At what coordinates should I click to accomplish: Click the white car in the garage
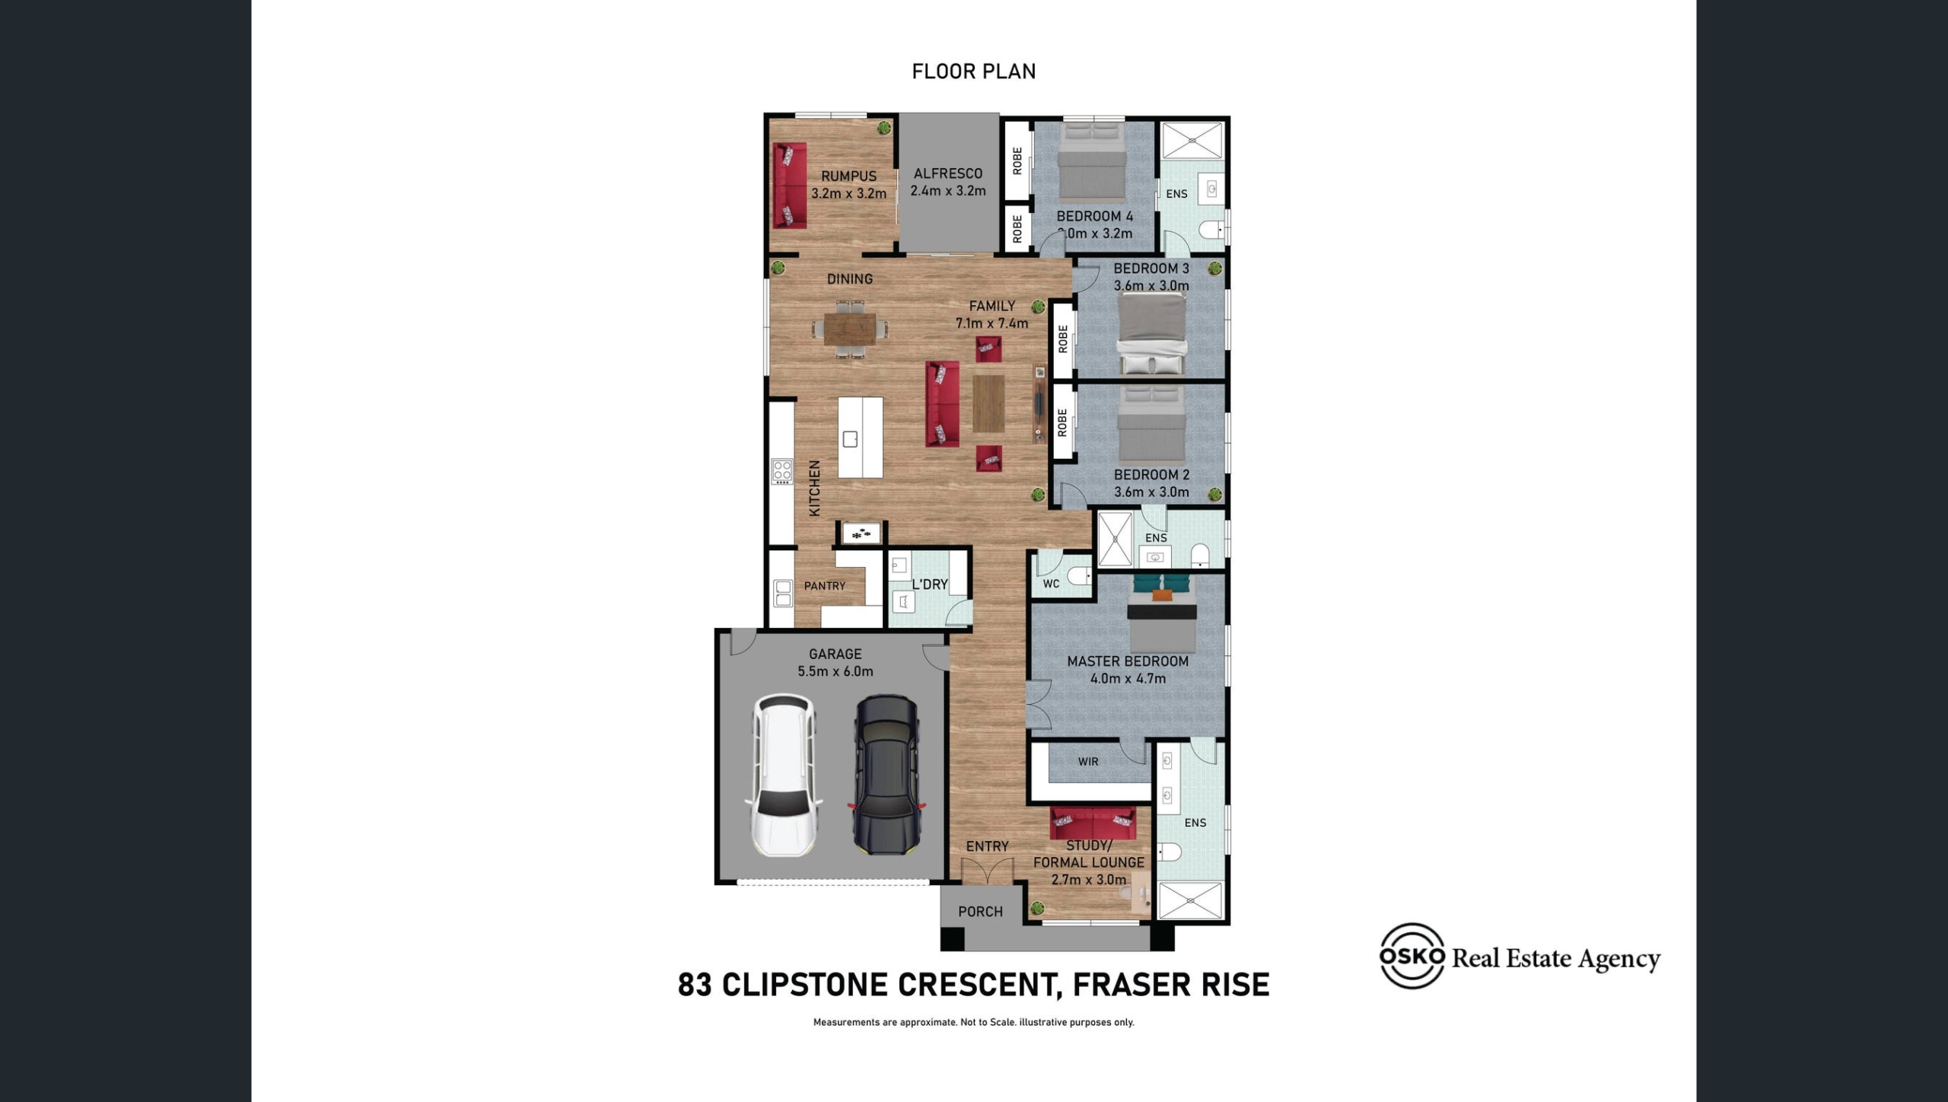click(785, 775)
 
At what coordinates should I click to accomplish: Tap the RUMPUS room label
click(848, 176)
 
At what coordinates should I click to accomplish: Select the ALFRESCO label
click(948, 174)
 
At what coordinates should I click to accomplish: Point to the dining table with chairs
click(850, 329)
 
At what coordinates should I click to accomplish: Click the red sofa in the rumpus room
click(790, 186)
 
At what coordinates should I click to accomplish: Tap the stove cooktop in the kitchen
click(782, 472)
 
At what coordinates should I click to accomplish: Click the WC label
click(1051, 584)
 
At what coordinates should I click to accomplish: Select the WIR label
click(1088, 761)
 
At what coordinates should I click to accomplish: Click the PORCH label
click(980, 911)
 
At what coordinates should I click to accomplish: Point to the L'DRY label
click(930, 584)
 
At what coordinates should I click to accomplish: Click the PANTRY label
click(825, 585)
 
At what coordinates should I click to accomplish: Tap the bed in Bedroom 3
click(1151, 334)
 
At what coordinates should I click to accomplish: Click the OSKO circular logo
click(1412, 956)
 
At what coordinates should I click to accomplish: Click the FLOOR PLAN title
click(974, 71)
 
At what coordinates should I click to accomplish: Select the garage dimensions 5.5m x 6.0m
click(836, 671)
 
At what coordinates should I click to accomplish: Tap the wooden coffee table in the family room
click(988, 403)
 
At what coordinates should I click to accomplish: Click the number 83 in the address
click(695, 985)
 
